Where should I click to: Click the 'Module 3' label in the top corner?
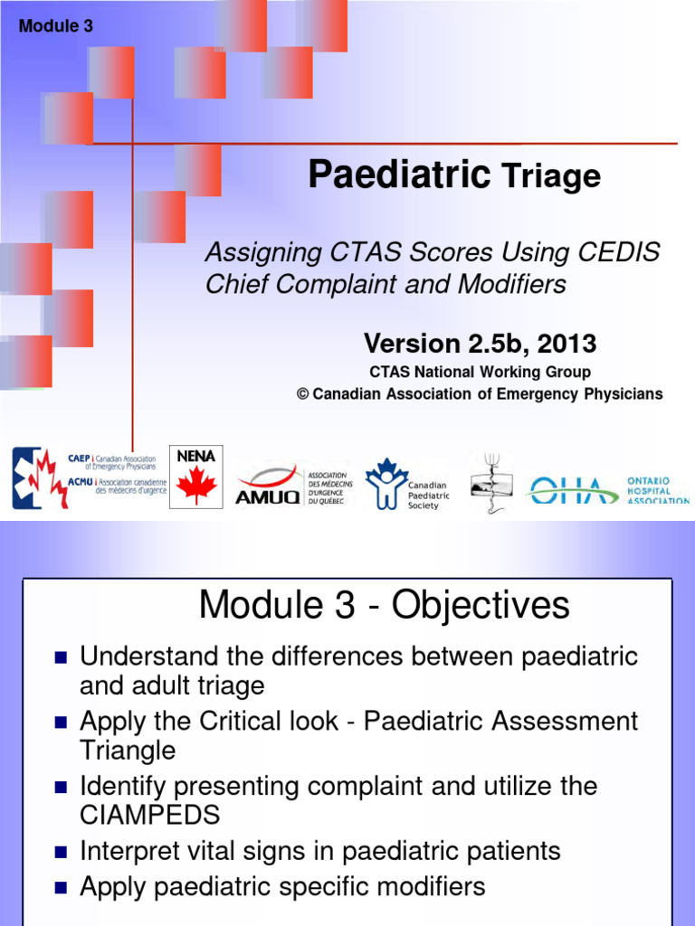(x=56, y=26)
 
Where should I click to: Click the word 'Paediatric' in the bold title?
(x=399, y=174)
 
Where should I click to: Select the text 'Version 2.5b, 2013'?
(x=480, y=344)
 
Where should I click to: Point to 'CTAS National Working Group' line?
(x=480, y=372)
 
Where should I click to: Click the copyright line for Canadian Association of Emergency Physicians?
(x=480, y=394)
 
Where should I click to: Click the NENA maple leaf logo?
(x=195, y=477)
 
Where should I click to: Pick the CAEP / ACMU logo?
(x=85, y=477)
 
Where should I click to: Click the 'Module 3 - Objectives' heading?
(x=384, y=605)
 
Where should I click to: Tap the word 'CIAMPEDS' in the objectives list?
(x=150, y=815)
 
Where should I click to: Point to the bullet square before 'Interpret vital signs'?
(x=61, y=853)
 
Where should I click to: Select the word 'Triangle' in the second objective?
(x=128, y=750)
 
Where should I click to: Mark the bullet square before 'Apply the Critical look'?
(x=61, y=723)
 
